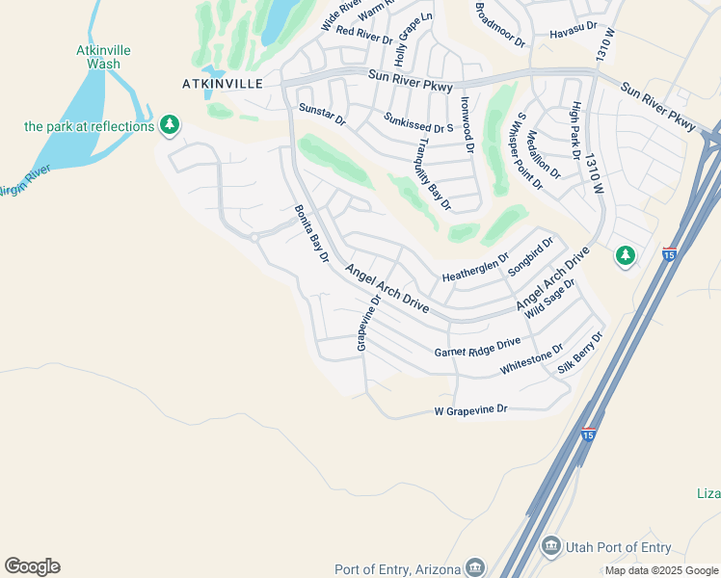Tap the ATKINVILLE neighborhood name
(223, 84)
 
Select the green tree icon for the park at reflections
(170, 124)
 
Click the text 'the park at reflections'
(89, 126)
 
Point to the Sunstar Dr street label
(322, 115)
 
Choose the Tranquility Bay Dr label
(433, 174)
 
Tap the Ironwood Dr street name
(467, 130)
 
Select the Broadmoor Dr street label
(499, 26)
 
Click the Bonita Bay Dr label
(311, 234)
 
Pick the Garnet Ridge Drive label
(477, 347)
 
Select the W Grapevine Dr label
(470, 410)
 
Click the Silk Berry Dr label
(581, 354)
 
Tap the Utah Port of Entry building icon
(550, 547)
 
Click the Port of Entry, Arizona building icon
(474, 566)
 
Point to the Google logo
(32, 566)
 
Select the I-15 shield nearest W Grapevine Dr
(587, 434)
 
